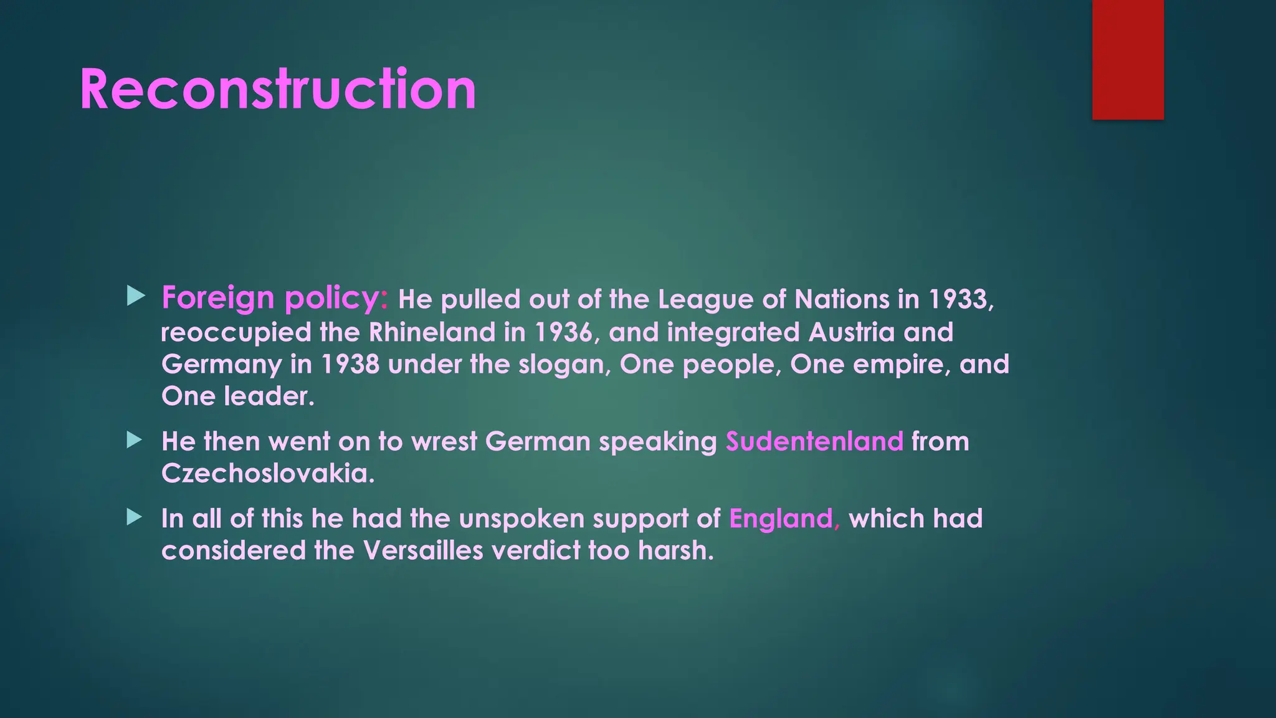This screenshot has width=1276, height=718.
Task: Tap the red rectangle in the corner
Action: coord(1128,59)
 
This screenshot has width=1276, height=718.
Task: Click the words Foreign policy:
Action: coord(275,298)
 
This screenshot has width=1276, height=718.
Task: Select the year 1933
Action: coord(958,300)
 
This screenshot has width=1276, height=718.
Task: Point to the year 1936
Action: coord(563,332)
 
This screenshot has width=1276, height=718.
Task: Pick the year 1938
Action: coord(350,365)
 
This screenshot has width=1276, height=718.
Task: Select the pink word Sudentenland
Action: coord(814,442)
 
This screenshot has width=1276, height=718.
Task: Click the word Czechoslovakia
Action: coord(268,474)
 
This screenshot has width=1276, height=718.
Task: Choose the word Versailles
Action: coord(423,551)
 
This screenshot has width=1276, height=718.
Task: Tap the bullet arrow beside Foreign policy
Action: coord(135,296)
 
